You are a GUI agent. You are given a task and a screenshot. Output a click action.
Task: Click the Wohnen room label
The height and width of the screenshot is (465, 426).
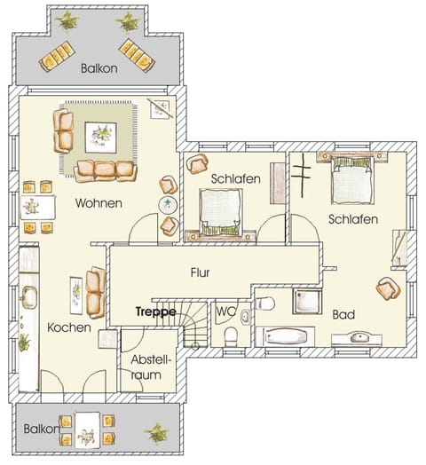pos(98,202)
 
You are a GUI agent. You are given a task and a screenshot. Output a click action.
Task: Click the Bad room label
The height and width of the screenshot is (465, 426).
pos(344,313)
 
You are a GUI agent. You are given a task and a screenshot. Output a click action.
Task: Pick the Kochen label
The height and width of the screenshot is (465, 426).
pos(69,327)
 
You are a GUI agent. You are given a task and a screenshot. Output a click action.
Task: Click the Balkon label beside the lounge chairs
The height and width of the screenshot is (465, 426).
pos(99,67)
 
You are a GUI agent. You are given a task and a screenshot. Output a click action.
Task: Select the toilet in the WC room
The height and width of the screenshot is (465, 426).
pos(231,336)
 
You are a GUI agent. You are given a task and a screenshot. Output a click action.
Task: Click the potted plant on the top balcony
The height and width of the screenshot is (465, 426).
pos(66,20)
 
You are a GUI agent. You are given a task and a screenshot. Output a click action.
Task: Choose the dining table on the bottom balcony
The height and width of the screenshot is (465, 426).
pos(86,429)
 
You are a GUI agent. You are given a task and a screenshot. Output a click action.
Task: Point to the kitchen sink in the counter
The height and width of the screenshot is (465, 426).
pos(28,297)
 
